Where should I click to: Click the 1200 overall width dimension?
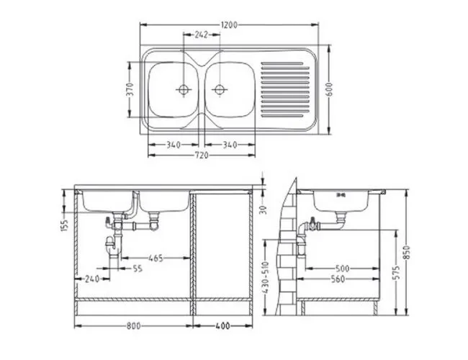click(229, 24)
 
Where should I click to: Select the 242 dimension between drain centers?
click(201, 35)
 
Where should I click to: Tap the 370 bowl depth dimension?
click(130, 89)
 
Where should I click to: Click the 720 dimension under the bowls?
click(202, 156)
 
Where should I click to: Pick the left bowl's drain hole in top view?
click(183, 89)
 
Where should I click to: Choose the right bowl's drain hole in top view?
click(220, 89)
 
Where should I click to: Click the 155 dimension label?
click(66, 225)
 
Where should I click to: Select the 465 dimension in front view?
click(156, 258)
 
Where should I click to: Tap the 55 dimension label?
click(138, 269)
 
